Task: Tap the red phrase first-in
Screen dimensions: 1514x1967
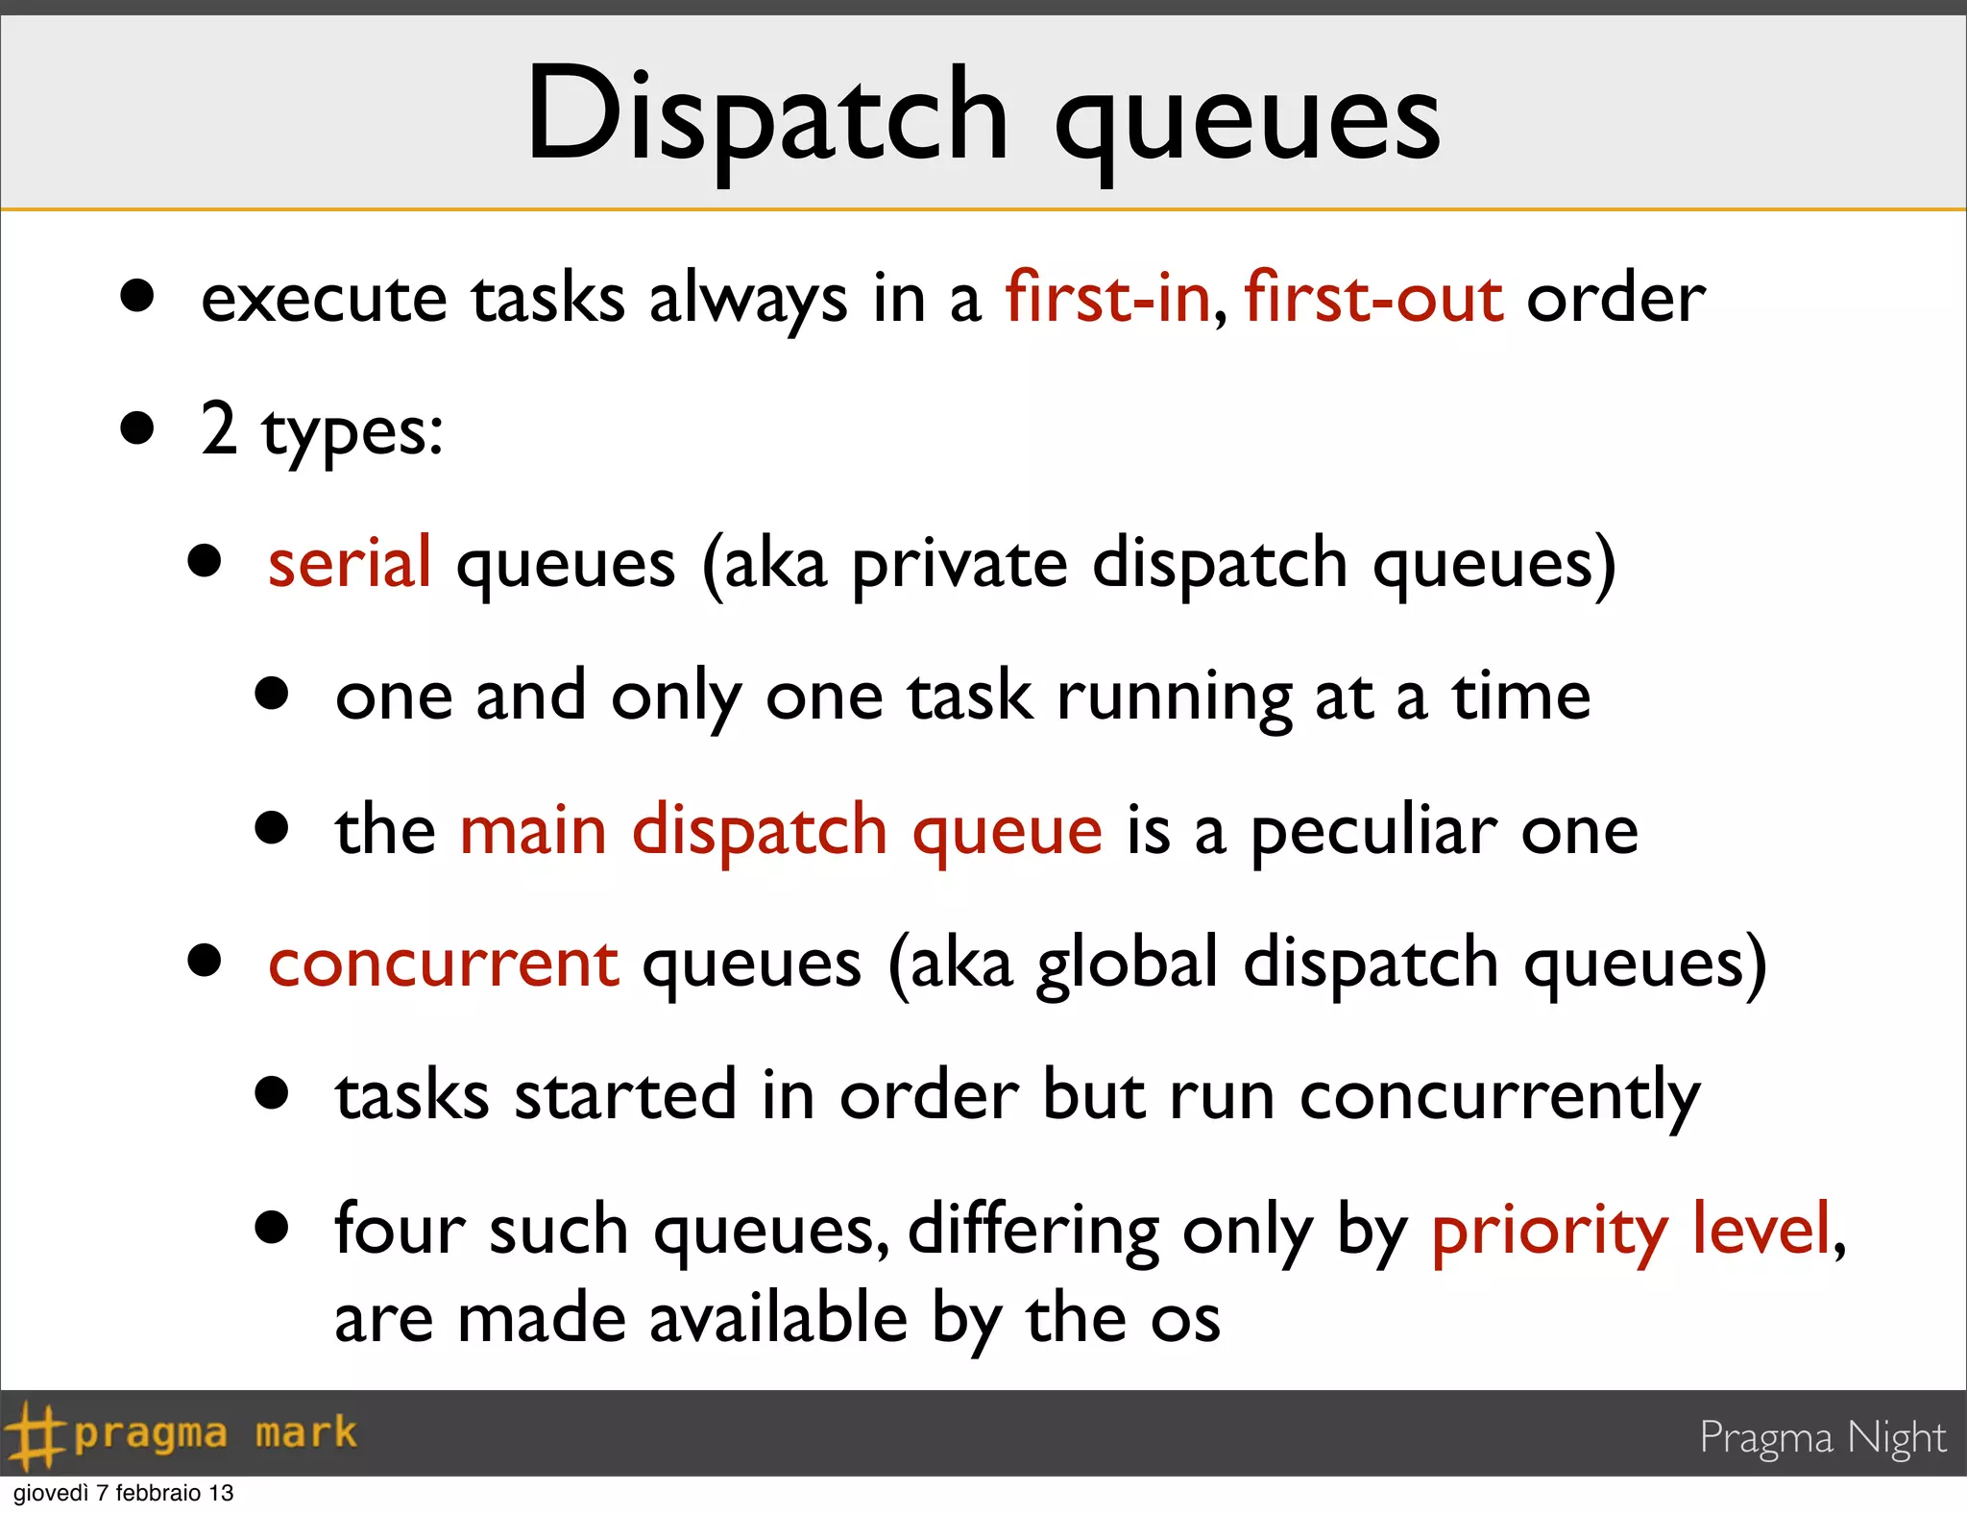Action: [1107, 298]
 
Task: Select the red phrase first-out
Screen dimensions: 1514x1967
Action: [1373, 298]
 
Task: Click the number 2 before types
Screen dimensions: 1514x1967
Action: [219, 428]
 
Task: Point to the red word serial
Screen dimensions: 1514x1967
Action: [350, 563]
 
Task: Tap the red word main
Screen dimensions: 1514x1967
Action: [533, 830]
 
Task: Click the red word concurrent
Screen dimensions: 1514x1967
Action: [444, 964]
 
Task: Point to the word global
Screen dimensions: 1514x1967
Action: [1128, 964]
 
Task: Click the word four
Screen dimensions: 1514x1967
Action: [399, 1230]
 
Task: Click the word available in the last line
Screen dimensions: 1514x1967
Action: [778, 1318]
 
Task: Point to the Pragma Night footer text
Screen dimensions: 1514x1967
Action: [1822, 1438]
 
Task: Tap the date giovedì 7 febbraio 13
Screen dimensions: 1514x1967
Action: [123, 1493]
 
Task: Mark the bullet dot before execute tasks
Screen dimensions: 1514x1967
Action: [137, 296]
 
